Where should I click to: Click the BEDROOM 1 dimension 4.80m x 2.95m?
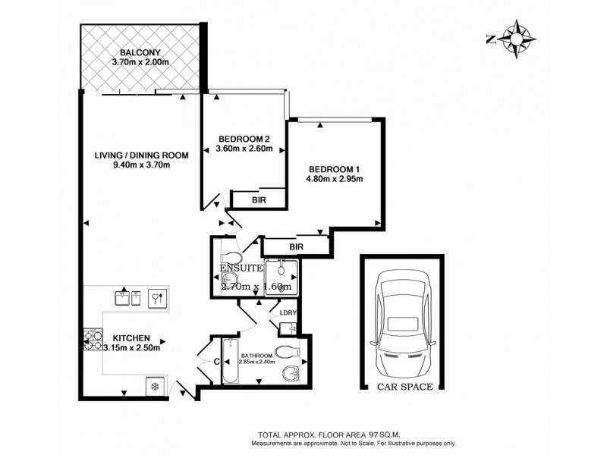pos(335,180)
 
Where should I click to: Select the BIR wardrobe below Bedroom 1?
pos(296,246)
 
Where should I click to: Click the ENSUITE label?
pos(241,268)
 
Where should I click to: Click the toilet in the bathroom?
pos(286,352)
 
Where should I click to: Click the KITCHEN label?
pos(131,338)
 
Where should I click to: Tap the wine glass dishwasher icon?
pos(158,297)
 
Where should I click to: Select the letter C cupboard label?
pos(217,362)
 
